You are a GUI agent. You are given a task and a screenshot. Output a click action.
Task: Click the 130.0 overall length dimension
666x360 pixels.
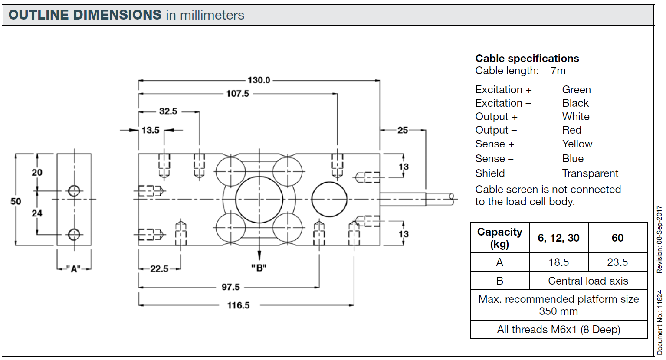(259, 80)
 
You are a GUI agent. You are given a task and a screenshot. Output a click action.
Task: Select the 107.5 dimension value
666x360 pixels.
(238, 94)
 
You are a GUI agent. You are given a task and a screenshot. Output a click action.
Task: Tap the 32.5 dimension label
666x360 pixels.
(168, 111)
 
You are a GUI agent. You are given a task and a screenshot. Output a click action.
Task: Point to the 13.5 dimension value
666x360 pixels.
(151, 130)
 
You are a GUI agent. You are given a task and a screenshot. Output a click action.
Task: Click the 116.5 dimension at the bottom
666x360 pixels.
(239, 305)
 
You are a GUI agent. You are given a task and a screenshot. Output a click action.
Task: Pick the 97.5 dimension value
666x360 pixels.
(230, 287)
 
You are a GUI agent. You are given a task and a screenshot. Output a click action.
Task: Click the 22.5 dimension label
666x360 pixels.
(159, 269)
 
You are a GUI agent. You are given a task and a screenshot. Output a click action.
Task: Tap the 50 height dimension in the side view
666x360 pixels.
(16, 201)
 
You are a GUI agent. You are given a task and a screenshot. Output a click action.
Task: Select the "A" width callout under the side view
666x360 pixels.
(73, 269)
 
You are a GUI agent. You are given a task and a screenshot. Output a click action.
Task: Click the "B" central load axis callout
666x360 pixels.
(259, 268)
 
